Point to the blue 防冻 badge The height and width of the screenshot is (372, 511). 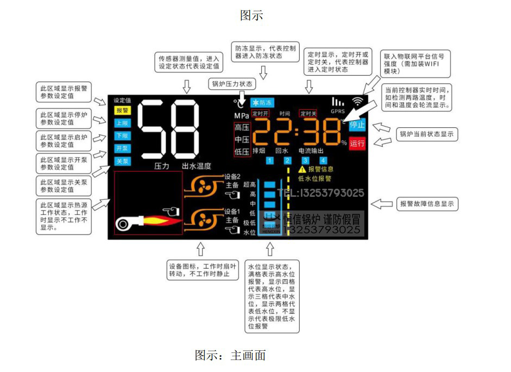pos(262,102)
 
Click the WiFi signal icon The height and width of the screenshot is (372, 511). pos(357,101)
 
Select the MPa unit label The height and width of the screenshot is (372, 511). pos(242,116)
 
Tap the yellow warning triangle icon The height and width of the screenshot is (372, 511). pos(302,170)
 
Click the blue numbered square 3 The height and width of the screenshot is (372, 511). pos(306,160)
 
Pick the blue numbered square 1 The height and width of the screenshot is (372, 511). pos(270,160)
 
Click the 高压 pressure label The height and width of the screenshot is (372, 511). pos(242,128)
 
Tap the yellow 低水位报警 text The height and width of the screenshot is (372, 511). pos(315,178)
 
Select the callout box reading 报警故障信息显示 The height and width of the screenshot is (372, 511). pos(427,204)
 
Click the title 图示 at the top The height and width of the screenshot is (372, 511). pos(252,15)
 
